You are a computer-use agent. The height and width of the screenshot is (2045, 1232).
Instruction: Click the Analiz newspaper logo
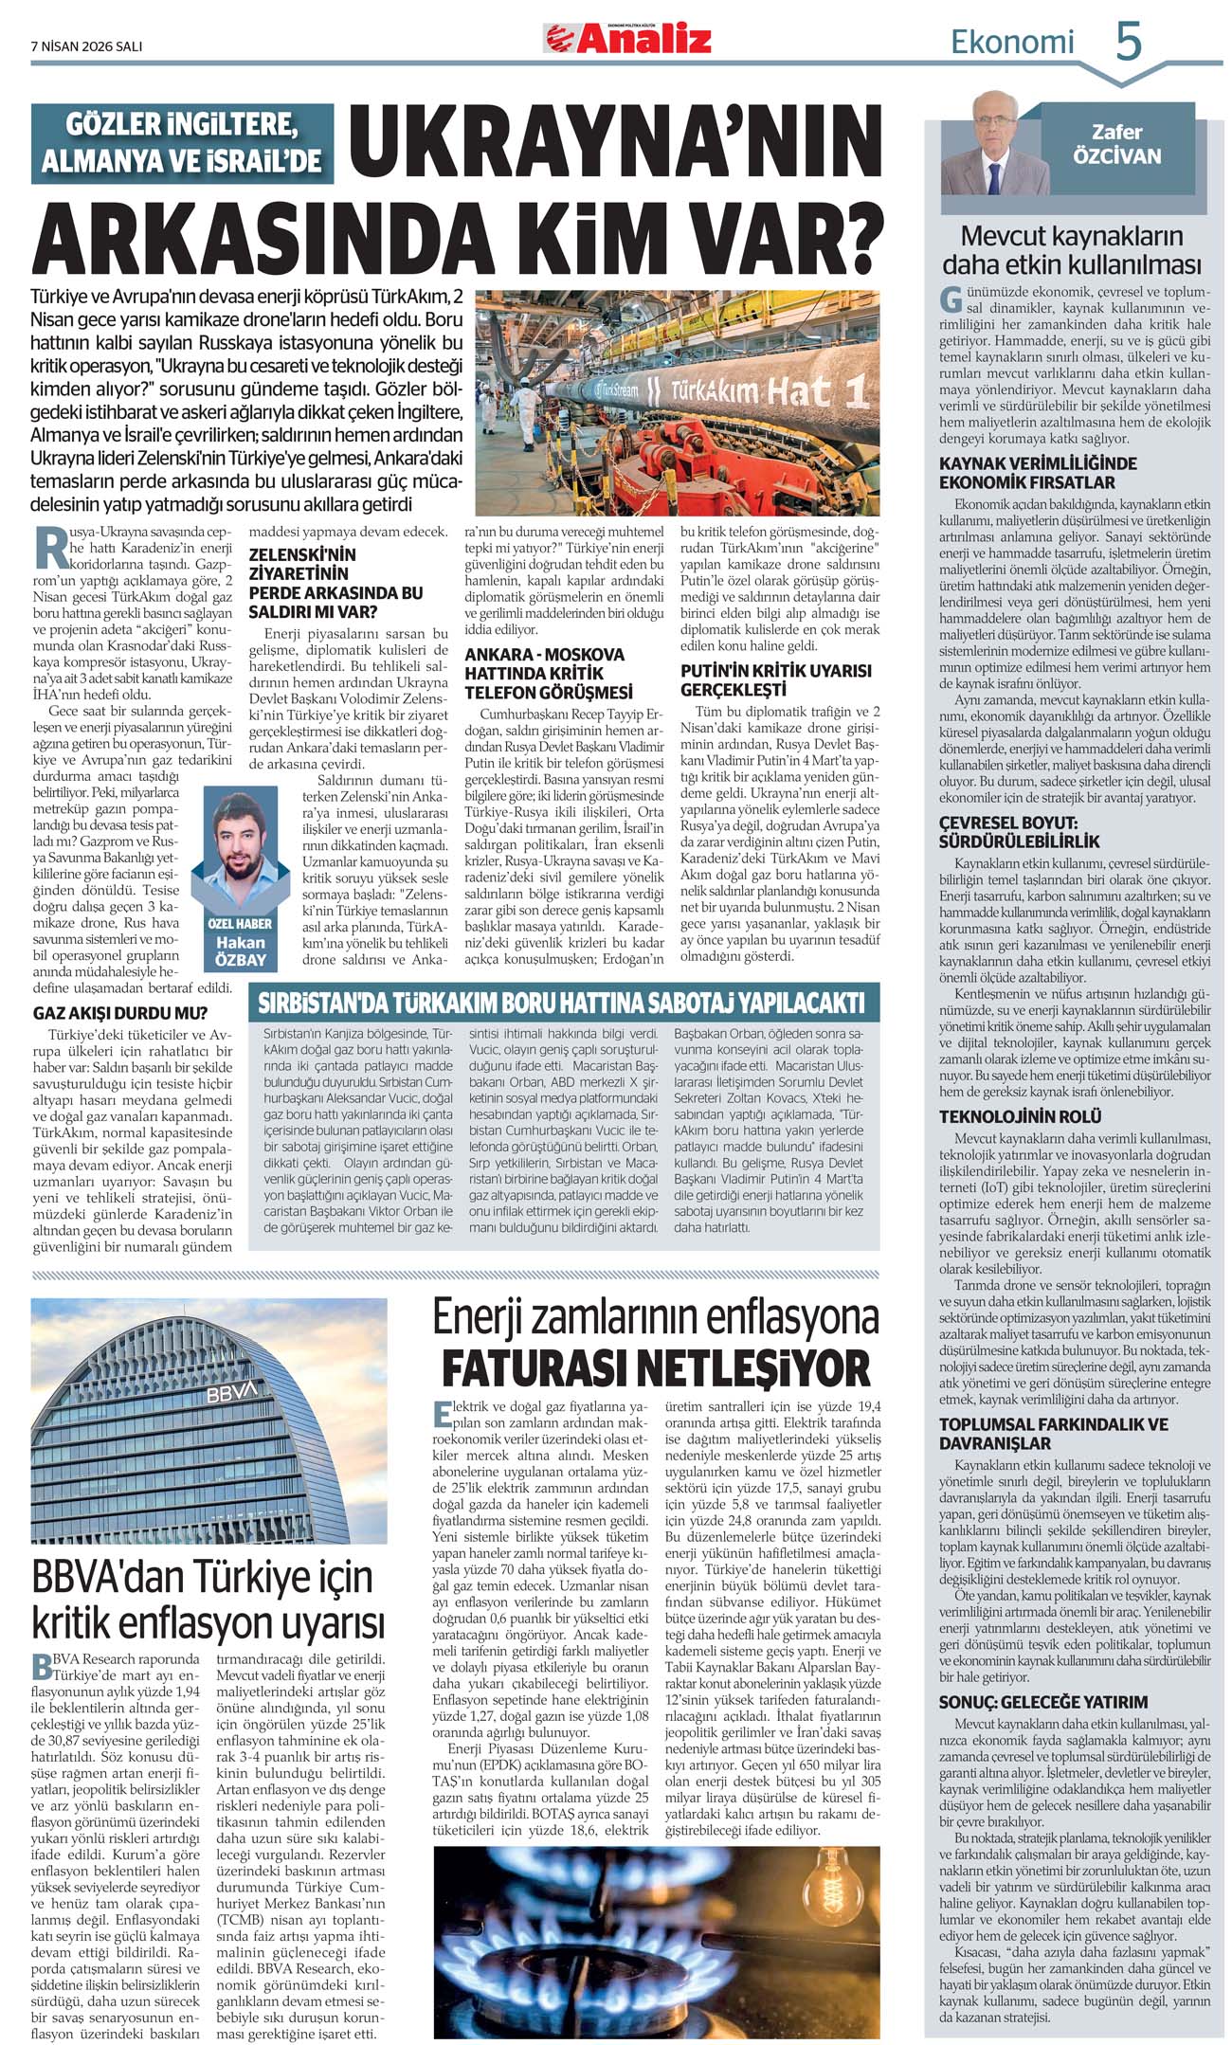tap(627, 39)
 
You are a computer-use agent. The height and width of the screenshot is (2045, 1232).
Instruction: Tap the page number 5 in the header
tap(1128, 43)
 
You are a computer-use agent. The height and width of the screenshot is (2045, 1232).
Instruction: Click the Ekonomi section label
tap(1012, 43)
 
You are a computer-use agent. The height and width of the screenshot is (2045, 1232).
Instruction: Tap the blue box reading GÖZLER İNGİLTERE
tap(182, 143)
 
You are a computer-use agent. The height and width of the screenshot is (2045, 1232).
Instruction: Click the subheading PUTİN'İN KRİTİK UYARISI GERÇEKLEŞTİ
tap(775, 679)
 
